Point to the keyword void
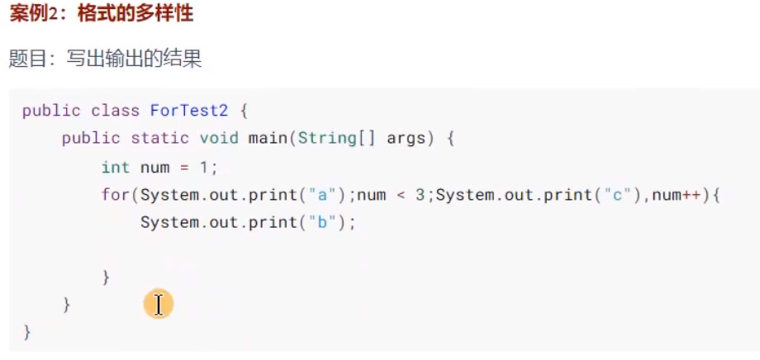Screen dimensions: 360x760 pyautogui.click(x=219, y=139)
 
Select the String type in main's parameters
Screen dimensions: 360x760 pyautogui.click(x=327, y=139)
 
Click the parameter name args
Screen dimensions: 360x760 pyautogui.click(x=405, y=139)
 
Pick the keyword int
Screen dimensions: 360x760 pyautogui.click(x=116, y=167)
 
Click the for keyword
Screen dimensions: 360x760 pyautogui.click(x=116, y=195)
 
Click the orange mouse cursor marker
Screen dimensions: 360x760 pyautogui.click(x=158, y=304)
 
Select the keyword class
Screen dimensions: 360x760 pyautogui.click(x=116, y=111)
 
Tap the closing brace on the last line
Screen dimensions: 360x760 pyautogui.click(x=26, y=332)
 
